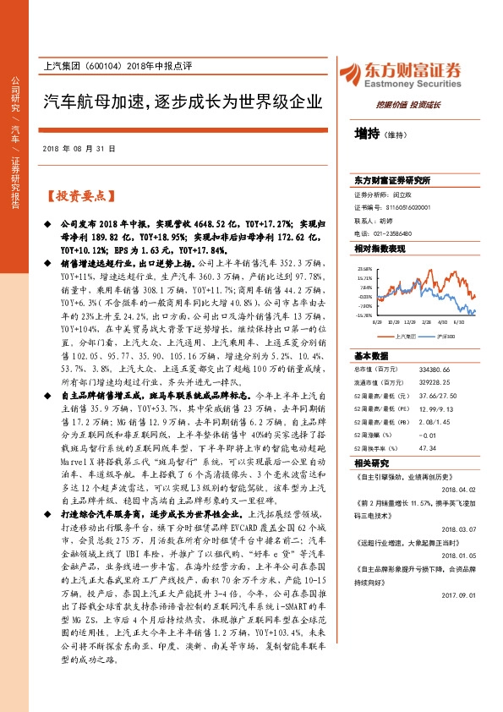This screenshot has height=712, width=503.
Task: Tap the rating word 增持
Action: tap(367, 133)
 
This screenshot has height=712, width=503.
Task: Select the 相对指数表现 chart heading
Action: tap(380, 249)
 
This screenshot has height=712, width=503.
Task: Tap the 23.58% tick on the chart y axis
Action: tap(365, 269)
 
